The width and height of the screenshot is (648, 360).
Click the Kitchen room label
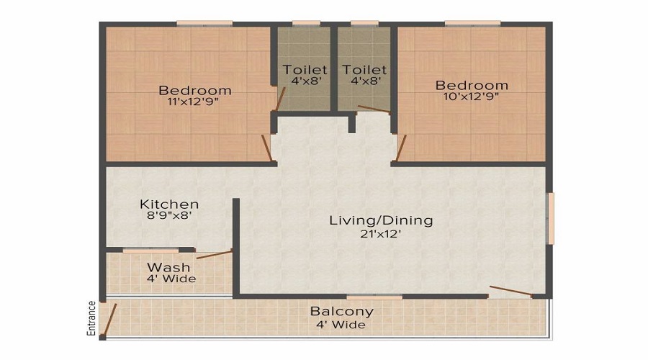pos(169,204)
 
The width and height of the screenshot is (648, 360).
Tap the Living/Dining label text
pos(381,220)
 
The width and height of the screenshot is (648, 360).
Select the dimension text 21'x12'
pos(381,233)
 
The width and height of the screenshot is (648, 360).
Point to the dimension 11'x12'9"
pos(195,102)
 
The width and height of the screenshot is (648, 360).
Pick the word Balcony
pos(342,312)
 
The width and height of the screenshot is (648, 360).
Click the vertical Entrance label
pos(91,318)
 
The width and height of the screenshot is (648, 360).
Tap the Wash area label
pos(168,267)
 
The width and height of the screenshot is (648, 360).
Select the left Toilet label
pos(305,70)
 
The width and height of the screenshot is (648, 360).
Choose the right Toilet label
pos(364,70)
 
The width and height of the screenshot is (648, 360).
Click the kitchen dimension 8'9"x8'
pos(169,215)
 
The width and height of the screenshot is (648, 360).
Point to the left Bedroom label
pos(195,90)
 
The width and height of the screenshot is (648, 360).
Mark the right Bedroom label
pos(472,85)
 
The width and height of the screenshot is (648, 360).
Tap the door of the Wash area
pos(214,254)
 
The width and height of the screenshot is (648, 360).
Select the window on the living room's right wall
pos(551,218)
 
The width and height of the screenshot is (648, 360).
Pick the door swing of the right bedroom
pos(401,148)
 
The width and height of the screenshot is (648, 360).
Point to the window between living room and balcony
pos(374,297)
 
